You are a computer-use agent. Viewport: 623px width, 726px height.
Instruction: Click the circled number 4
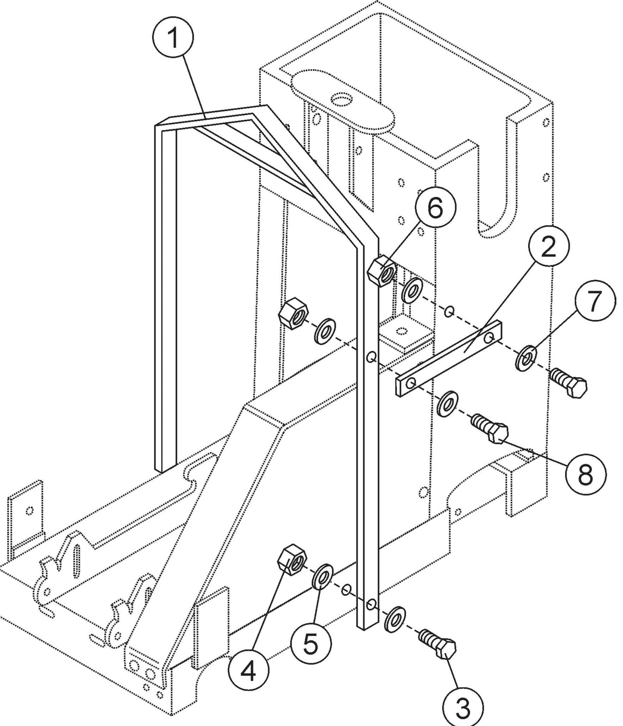249,671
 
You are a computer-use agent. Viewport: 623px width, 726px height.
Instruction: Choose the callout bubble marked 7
594,301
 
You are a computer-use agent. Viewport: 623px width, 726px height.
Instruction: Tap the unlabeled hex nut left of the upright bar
293,313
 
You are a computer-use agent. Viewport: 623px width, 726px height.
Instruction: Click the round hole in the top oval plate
343,100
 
